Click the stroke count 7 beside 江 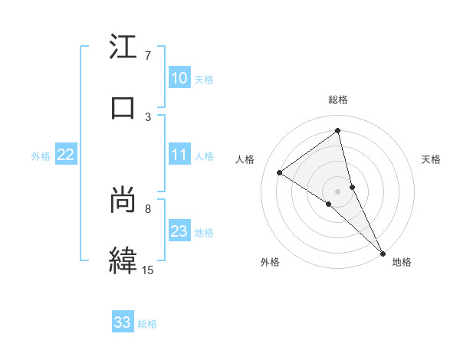148,56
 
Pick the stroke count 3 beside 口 148,116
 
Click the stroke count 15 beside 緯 148,269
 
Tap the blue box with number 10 179,78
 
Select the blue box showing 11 179,155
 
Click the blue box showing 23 179,231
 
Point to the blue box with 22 66,155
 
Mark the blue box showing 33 123,322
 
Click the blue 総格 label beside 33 147,324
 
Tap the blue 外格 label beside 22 41,156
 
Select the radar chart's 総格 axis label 338,100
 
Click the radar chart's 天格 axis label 432,159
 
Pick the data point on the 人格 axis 280,172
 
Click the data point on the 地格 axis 383,252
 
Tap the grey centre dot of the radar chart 338,191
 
